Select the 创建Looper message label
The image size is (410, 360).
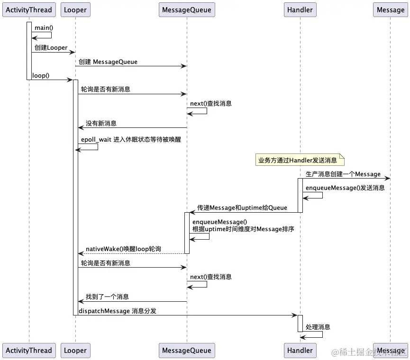tap(51, 48)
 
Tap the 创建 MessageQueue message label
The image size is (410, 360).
tap(108, 62)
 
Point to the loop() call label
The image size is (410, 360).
tap(40, 75)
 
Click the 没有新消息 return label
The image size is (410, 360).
tap(101, 123)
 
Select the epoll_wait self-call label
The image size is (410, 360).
tap(131, 140)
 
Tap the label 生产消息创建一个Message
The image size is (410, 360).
tap(343, 174)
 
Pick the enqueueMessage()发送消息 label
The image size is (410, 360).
tap(345, 188)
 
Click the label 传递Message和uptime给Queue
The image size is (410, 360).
tap(242, 207)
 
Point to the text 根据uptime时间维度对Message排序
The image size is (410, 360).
tap(243, 229)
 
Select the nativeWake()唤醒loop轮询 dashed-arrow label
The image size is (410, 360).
tap(123, 249)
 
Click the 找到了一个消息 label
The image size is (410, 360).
tap(107, 297)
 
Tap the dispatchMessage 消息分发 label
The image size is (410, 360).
tap(118, 311)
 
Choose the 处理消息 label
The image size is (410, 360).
tap(318, 327)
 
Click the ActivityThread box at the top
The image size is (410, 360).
tap(28, 9)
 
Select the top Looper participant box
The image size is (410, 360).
tap(75, 9)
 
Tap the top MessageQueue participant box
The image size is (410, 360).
tap(186, 9)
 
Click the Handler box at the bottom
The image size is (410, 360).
tap(300, 351)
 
